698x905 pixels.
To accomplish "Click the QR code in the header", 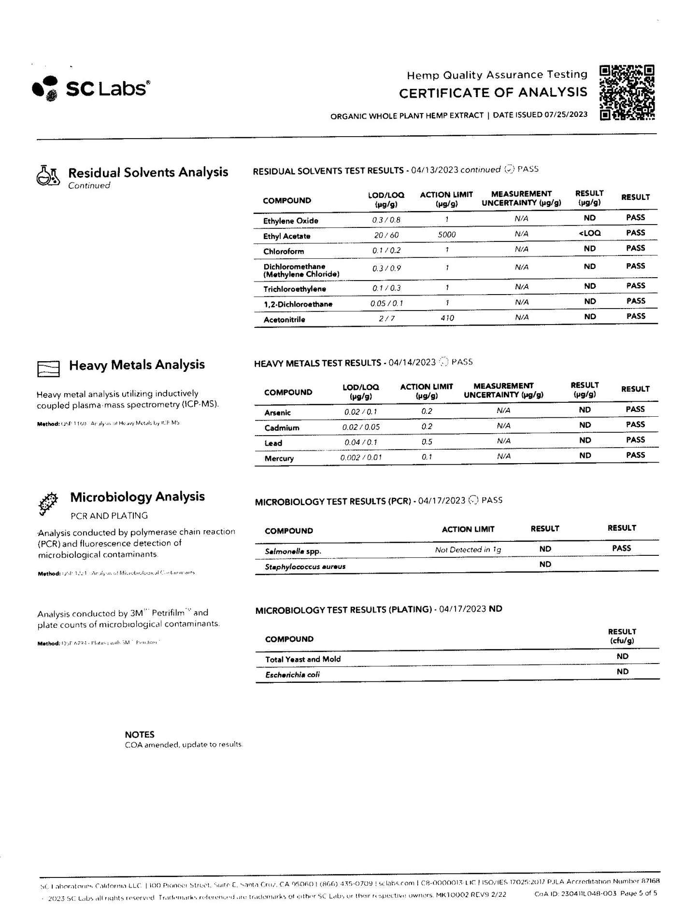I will (x=627, y=92).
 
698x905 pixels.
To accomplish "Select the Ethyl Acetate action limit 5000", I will (x=446, y=235).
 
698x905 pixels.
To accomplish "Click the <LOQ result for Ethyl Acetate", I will (x=589, y=233).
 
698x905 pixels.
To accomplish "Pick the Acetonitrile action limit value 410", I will (x=447, y=318).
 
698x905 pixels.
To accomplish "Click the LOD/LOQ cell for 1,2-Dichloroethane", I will (x=386, y=303).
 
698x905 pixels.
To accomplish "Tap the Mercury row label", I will (x=279, y=458).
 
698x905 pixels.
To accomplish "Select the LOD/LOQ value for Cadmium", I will (x=361, y=427).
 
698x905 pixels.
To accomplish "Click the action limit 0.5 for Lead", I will (x=427, y=442).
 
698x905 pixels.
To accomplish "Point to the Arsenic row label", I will (x=277, y=412).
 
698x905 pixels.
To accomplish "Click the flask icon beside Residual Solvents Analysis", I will (x=48, y=175).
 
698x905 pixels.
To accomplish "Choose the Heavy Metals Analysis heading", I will (x=137, y=365).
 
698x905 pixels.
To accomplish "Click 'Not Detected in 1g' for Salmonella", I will (x=468, y=550).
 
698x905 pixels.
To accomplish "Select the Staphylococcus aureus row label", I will (x=305, y=566).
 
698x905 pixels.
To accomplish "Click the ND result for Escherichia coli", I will (x=622, y=672).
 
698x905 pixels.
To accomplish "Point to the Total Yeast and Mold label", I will (x=302, y=659).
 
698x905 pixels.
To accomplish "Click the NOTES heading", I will (x=140, y=735).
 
